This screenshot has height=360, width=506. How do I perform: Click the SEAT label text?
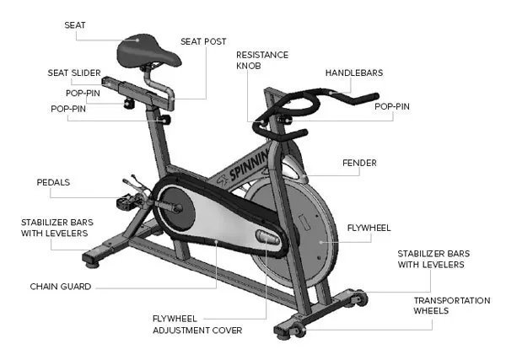point(75,25)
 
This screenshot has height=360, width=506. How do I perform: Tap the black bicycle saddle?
point(143,51)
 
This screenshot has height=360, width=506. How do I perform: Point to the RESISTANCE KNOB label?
point(261,61)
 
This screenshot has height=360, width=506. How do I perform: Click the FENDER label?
point(358,163)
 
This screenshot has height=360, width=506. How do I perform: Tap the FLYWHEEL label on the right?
point(369,228)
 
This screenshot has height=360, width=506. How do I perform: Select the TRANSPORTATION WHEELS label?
point(451,305)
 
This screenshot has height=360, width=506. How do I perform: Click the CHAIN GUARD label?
point(61,287)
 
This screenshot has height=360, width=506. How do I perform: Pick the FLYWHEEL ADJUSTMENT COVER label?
point(196,324)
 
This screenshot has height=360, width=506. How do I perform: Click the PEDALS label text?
point(53,182)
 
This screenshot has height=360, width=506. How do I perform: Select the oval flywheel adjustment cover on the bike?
point(268,239)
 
